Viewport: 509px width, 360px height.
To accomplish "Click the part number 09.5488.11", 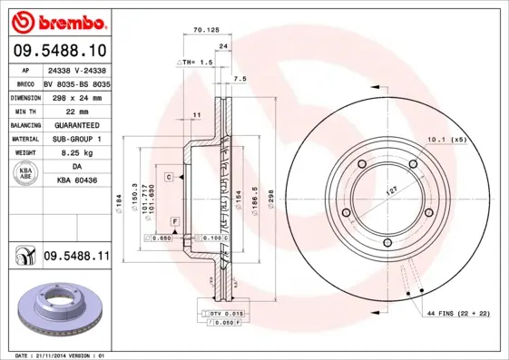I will click(76, 258).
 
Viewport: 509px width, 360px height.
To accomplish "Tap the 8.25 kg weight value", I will click(58, 154).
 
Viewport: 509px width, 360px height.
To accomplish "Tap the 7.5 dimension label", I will click(240, 80).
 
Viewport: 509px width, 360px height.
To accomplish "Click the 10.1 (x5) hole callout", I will click(445, 141).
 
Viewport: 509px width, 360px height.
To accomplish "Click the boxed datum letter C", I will click(169, 177).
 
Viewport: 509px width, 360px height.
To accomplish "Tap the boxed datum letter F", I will click(173, 221).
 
